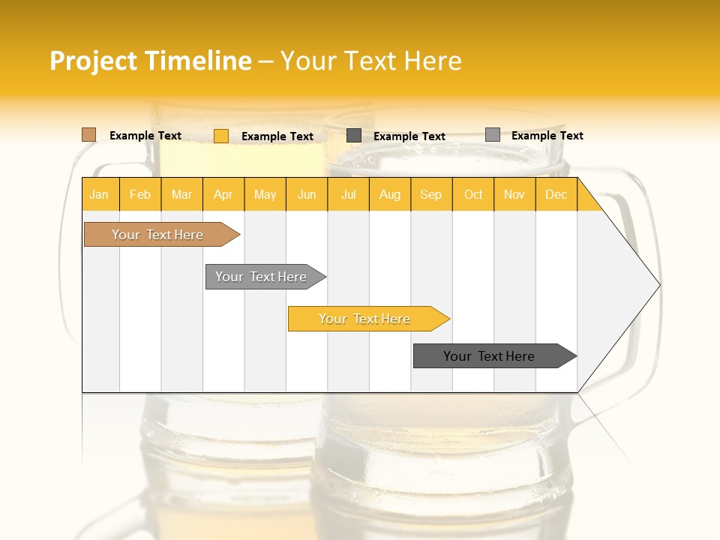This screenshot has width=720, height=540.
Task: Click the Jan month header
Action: pyautogui.click(x=100, y=195)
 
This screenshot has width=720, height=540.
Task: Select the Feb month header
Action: pyautogui.click(x=140, y=195)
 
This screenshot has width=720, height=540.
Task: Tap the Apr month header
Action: pyautogui.click(x=223, y=195)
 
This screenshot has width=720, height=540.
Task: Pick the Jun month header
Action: pyautogui.click(x=307, y=195)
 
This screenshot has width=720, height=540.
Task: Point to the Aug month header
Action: pyautogui.click(x=390, y=195)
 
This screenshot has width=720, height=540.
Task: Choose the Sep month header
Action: pyautogui.click(x=431, y=195)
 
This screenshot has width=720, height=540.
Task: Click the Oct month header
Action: pyautogui.click(x=473, y=195)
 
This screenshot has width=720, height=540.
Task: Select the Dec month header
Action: pyautogui.click(x=556, y=195)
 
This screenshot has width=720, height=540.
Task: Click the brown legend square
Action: pyautogui.click(x=89, y=135)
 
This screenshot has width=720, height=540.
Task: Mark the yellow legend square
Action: pyautogui.click(x=221, y=136)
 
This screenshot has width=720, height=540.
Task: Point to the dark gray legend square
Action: pyautogui.click(x=354, y=136)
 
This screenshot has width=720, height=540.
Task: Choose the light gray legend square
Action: pyautogui.click(x=493, y=135)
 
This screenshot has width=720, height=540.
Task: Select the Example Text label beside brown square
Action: pyautogui.click(x=145, y=136)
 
